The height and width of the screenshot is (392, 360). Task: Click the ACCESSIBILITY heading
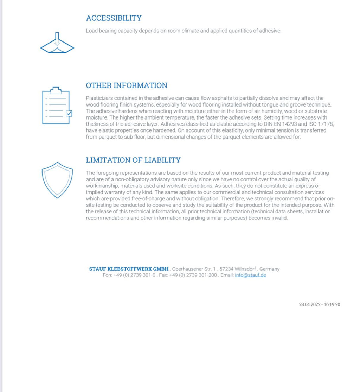pyautogui.click(x=114, y=18)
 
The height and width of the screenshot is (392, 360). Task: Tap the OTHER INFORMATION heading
pyautogui.click(x=127, y=85)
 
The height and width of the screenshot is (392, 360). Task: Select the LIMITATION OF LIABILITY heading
pyautogui.click(x=133, y=160)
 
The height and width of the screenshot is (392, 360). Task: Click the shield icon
pyautogui.click(x=57, y=180)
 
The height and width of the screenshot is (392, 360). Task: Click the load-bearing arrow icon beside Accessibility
pyautogui.click(x=57, y=44)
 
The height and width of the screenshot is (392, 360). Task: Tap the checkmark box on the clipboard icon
pyautogui.click(x=69, y=113)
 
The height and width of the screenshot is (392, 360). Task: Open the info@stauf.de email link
pyautogui.click(x=250, y=275)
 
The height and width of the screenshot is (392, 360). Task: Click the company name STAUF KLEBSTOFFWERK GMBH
pyautogui.click(x=129, y=269)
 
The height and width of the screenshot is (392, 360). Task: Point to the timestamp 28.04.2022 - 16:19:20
pyautogui.click(x=320, y=304)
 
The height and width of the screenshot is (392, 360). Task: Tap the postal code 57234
pyautogui.click(x=227, y=269)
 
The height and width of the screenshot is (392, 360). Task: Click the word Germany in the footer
pyautogui.click(x=270, y=269)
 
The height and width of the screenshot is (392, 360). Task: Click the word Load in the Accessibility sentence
pyautogui.click(x=91, y=31)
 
